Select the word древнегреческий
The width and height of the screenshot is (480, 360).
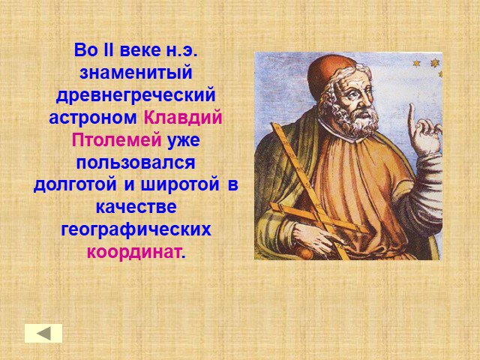click(x=136, y=96)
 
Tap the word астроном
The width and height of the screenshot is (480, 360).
click(x=93, y=118)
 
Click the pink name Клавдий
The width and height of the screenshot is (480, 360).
click(x=183, y=117)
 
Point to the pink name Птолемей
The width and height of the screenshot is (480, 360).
click(x=117, y=139)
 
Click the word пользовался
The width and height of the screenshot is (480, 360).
click(x=136, y=163)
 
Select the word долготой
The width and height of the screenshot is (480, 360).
click(x=75, y=185)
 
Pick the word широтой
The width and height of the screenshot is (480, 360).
click(x=180, y=185)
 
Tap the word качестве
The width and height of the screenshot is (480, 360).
click(x=136, y=207)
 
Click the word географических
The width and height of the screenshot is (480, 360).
click(x=136, y=230)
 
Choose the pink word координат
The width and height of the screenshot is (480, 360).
click(x=133, y=253)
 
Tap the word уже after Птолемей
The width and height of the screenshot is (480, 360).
click(x=183, y=141)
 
